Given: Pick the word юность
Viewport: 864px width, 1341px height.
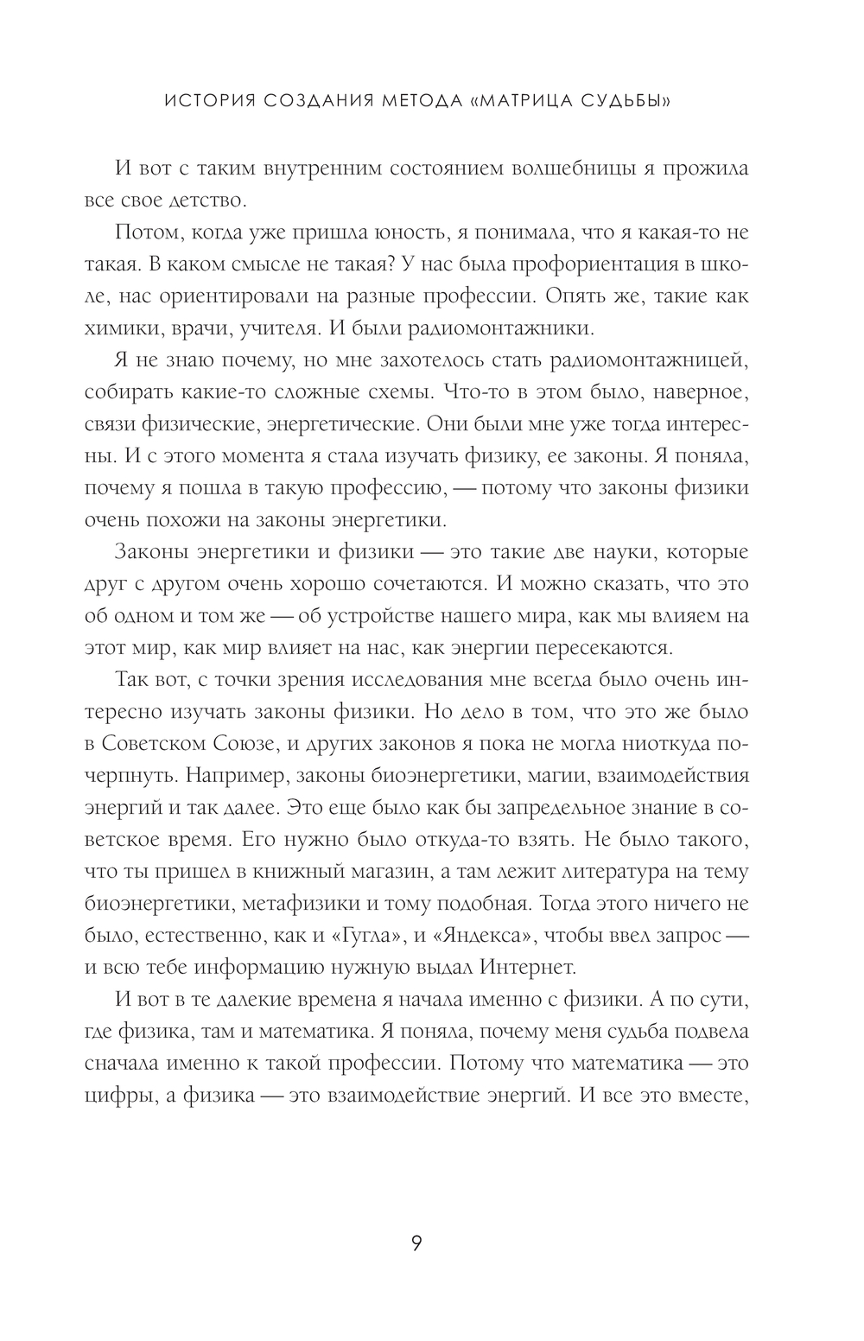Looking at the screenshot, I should (429, 232).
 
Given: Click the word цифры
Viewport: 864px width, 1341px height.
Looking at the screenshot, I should (118, 1096).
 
